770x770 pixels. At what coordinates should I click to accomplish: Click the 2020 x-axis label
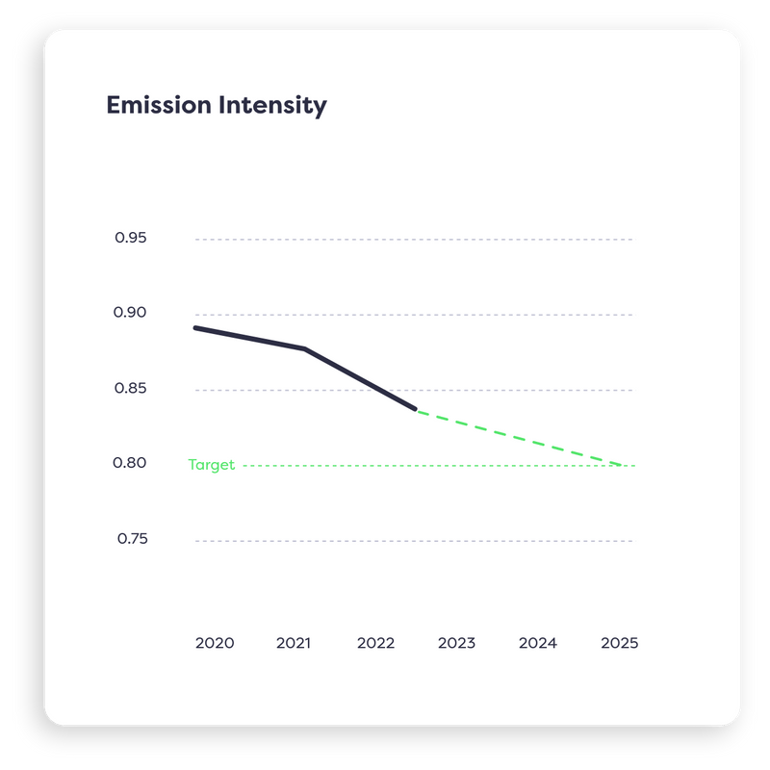(x=214, y=643)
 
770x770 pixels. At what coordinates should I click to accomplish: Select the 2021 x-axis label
(x=293, y=643)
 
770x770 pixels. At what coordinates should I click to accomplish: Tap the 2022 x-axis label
(x=375, y=643)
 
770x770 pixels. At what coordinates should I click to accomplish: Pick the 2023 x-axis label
(x=456, y=643)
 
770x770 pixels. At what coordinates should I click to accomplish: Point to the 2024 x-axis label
(x=537, y=643)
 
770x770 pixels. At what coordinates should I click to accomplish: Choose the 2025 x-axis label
(x=619, y=643)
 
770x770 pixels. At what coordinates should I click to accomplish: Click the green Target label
(x=211, y=465)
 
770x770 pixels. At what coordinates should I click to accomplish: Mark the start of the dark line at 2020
(x=195, y=328)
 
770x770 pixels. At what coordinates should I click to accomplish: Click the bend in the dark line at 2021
(x=305, y=348)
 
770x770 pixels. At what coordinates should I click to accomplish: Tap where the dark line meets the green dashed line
(x=416, y=410)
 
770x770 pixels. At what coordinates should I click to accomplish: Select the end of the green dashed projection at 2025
(x=621, y=465)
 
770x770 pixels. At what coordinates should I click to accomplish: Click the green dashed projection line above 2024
(x=537, y=443)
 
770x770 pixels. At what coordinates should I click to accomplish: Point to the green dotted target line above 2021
(x=293, y=466)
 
